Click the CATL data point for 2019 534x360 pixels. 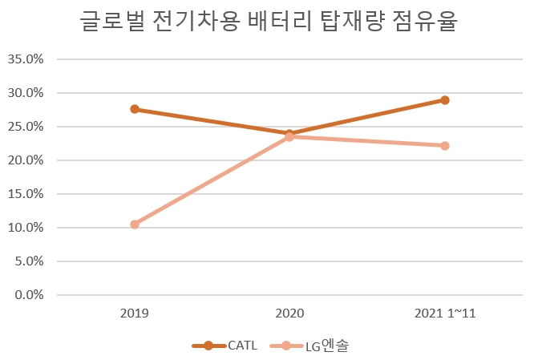tap(135, 109)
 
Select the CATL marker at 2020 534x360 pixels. tap(289, 133)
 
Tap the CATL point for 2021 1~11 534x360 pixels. tap(444, 100)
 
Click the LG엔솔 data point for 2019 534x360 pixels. tap(135, 224)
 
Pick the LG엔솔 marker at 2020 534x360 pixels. tap(289, 137)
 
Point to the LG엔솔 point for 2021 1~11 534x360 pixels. tap(444, 146)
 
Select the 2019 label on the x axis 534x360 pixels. tap(135, 313)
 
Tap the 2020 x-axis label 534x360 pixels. tap(289, 313)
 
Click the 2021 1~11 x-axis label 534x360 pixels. tap(444, 313)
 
